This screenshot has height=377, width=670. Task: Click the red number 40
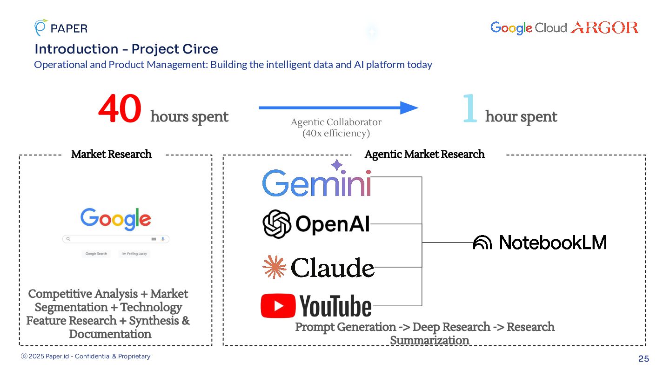click(120, 109)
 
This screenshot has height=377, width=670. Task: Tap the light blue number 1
click(470, 108)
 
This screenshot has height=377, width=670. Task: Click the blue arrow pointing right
click(338, 108)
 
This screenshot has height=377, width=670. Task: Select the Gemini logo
click(316, 183)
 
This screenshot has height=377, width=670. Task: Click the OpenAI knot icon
click(277, 224)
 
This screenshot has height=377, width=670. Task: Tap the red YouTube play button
click(278, 306)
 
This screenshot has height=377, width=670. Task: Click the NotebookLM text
click(553, 242)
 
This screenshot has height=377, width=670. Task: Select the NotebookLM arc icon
click(482, 243)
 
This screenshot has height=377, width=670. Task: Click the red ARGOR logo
click(604, 28)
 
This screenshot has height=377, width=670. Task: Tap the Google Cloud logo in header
click(528, 28)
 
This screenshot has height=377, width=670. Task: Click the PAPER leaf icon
click(40, 27)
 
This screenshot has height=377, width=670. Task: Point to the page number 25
click(643, 359)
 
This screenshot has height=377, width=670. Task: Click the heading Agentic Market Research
click(424, 155)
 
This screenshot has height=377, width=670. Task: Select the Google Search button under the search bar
click(96, 254)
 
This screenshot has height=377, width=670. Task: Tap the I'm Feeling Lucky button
click(134, 254)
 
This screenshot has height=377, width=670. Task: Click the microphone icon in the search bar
click(163, 239)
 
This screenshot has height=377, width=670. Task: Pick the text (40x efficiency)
click(336, 134)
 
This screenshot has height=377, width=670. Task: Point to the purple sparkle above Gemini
click(337, 165)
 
